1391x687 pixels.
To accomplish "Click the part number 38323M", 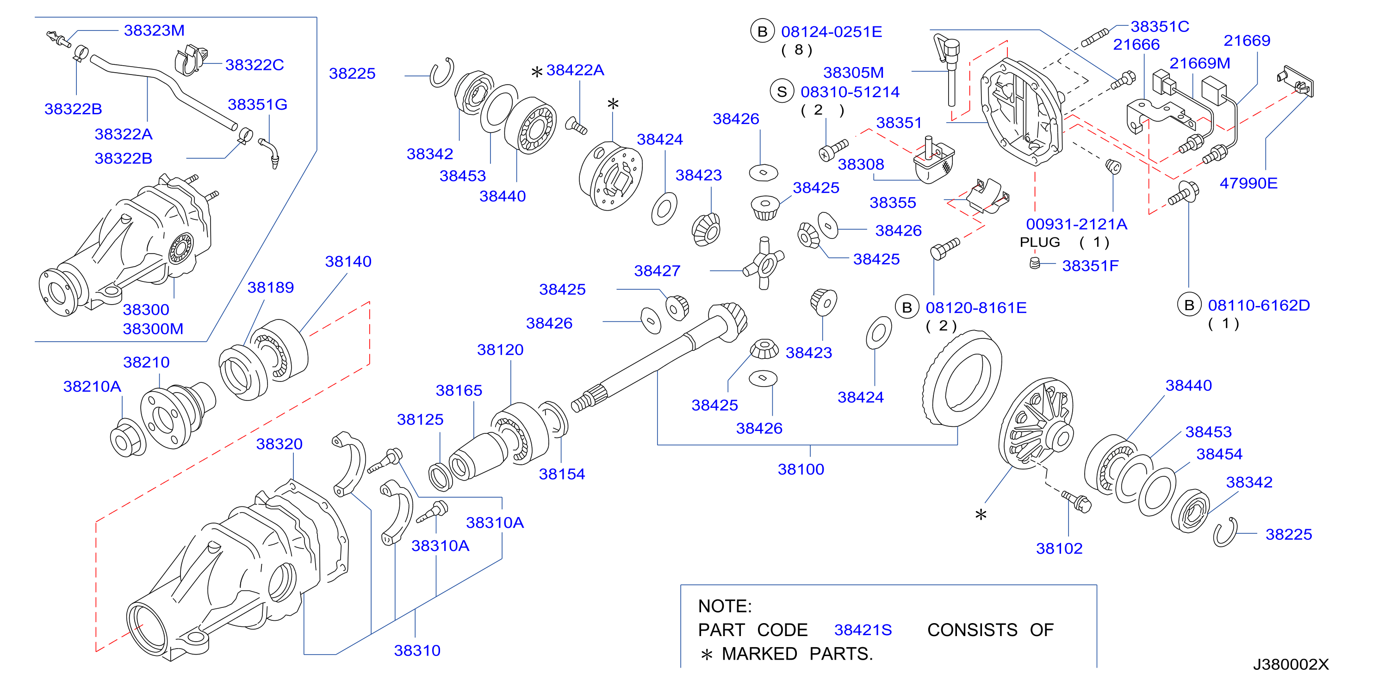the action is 154,30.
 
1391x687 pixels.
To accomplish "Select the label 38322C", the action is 255,65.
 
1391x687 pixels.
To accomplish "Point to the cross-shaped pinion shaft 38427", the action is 764,263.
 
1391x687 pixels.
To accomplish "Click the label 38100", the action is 801,469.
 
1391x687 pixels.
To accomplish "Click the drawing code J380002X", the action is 1291,664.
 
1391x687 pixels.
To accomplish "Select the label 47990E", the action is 1248,183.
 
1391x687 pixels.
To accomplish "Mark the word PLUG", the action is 1039,242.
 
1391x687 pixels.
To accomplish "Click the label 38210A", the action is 93,387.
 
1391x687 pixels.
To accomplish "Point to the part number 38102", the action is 1059,549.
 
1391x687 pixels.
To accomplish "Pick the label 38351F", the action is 1090,266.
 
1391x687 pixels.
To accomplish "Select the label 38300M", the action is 153,329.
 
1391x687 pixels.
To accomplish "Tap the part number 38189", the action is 271,287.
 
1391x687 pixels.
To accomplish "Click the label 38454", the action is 1219,454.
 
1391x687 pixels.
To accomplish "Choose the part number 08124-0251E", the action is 832,32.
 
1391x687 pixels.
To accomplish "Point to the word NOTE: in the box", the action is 725,606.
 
